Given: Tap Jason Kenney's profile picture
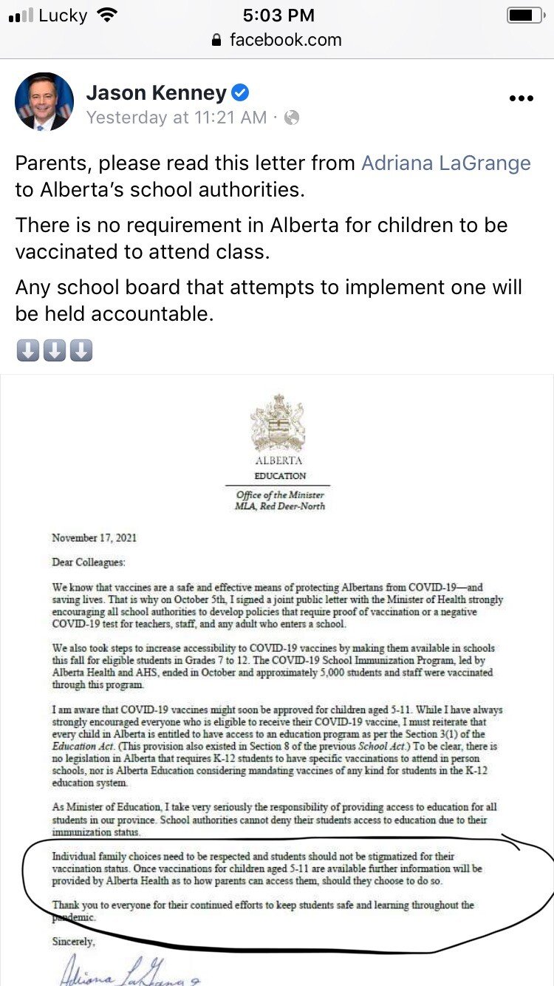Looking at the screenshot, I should point(44,102).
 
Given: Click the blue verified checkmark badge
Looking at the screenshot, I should point(241,92).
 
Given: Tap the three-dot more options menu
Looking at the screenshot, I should point(521,98).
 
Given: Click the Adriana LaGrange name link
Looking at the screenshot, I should point(445,163).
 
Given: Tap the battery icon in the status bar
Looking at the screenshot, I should point(525,16).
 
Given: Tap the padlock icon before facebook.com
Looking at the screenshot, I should point(216,40).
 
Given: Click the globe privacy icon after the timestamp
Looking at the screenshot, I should point(292,117).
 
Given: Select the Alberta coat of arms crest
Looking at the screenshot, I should point(278,423).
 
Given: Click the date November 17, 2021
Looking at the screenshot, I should point(94,537).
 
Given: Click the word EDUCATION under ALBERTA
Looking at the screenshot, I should point(279,475).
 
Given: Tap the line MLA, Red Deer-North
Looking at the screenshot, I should point(280,506).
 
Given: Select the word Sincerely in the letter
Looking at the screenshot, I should point(73,942).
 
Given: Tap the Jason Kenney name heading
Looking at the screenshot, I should point(156,92).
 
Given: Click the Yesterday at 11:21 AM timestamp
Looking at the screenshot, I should point(176,117).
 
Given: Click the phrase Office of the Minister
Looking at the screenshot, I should point(280,494).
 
